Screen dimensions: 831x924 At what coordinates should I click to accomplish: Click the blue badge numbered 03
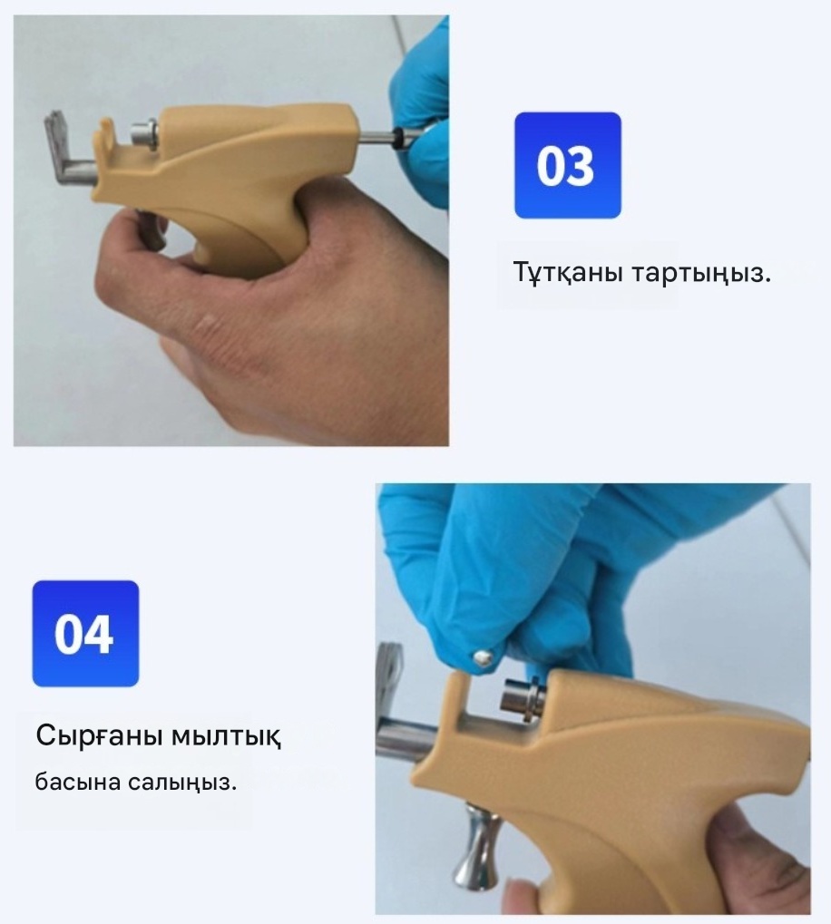click(x=568, y=166)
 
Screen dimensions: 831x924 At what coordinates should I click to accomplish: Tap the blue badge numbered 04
click(x=85, y=634)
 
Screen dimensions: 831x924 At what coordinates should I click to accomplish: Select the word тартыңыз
click(x=701, y=274)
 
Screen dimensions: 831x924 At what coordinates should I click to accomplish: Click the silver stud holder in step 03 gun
click(x=144, y=135)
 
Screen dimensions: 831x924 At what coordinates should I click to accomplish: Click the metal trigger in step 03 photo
click(x=152, y=229)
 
